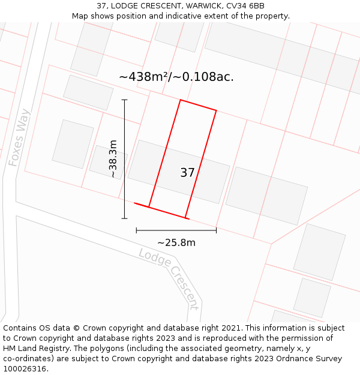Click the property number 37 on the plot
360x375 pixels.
coord(187,173)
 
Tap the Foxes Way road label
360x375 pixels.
coord(19,137)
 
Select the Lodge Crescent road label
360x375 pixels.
coord(169,278)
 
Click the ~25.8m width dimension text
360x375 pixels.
coord(176,242)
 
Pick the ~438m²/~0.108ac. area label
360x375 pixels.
coord(176,77)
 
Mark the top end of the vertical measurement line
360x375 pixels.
coord(125,100)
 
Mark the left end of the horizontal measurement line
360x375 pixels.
coord(137,230)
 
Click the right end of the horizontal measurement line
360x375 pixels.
coord(216,230)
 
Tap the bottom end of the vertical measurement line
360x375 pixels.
coord(125,218)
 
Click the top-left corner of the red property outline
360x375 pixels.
coord(180,100)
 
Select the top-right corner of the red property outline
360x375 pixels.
coord(216,110)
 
